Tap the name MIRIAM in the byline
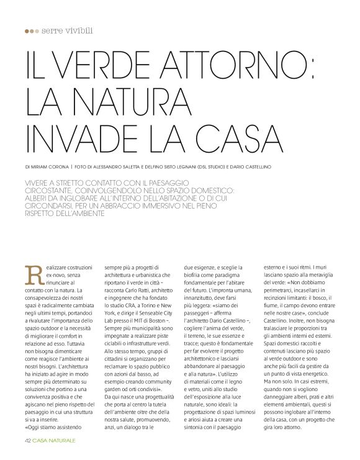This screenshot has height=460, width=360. (x=45, y=166)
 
